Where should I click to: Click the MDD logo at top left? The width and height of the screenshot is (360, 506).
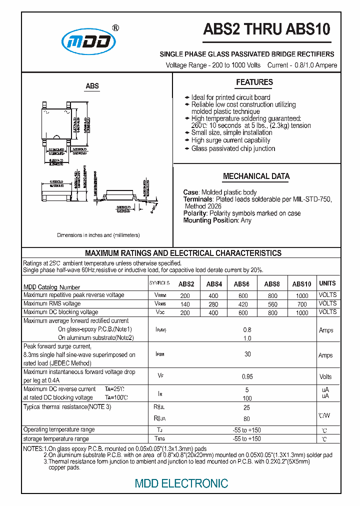click(88, 41)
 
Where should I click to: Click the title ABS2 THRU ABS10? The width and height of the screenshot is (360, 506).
click(266, 29)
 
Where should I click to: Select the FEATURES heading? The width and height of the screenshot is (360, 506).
click(254, 82)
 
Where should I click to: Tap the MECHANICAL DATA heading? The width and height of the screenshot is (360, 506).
click(256, 176)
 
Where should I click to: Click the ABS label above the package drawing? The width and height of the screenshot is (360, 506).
click(92, 86)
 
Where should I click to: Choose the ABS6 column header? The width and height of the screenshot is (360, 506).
click(242, 284)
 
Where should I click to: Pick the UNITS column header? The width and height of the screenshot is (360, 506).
click(327, 283)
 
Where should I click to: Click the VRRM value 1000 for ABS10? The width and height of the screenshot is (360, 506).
click(302, 295)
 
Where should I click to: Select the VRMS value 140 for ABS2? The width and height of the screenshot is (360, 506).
click(185, 304)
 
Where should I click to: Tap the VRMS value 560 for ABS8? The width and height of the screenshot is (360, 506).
click(272, 304)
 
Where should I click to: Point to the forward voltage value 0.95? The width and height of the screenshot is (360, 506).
click(246, 376)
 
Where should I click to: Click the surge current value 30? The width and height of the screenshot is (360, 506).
click(247, 354)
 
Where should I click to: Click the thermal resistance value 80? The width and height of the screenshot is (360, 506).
click(246, 418)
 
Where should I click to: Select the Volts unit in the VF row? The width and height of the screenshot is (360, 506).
click(325, 377)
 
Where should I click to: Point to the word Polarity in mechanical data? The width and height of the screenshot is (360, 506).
click(195, 213)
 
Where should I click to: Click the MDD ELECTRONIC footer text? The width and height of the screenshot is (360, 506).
click(181, 483)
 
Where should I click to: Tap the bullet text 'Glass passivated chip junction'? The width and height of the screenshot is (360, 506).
click(233, 148)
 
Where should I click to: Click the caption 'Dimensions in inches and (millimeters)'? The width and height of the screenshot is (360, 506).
click(98, 235)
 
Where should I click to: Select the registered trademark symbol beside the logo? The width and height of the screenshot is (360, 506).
click(115, 28)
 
